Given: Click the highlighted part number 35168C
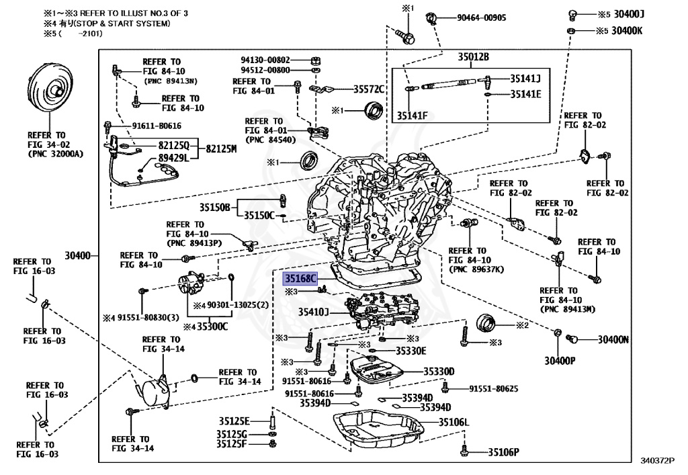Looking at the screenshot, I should pos(300,279).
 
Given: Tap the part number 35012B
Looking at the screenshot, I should pos(474,57).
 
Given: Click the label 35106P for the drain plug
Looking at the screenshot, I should pos(503,452).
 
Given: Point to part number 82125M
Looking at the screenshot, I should pos(222,149).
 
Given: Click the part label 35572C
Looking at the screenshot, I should pos(368,89).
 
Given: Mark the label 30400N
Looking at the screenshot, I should pos(613,339).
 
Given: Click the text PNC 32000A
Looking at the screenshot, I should pos(54,154).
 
